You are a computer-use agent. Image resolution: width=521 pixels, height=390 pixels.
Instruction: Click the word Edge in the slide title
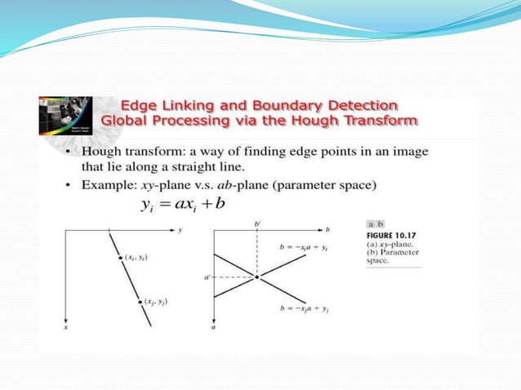click(x=140, y=105)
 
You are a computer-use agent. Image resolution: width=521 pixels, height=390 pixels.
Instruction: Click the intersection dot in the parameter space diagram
click(x=256, y=277)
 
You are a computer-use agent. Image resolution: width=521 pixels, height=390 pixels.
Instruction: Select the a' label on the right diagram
click(x=208, y=277)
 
